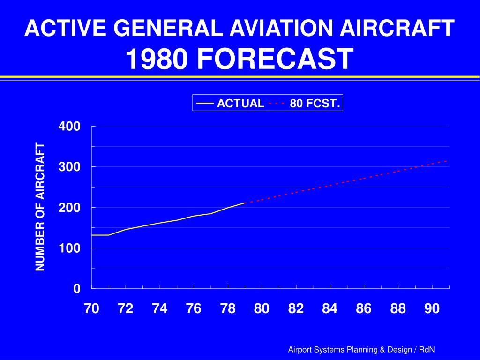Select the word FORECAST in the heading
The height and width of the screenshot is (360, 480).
pos(275,59)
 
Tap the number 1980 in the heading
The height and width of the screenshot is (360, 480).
pos(157,59)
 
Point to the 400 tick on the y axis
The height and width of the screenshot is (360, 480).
pos(69,127)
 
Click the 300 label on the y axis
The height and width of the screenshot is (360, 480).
pos(69,167)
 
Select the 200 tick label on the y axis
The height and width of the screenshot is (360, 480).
pos(69,208)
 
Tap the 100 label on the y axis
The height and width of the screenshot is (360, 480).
pos(69,248)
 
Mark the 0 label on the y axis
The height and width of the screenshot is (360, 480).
pos(76,289)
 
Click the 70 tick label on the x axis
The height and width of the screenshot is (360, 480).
pos(91,308)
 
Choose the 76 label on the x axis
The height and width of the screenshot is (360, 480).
pos(194,308)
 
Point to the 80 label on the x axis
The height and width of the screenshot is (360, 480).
pos(262,308)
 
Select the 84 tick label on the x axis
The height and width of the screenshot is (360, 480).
pos(330,308)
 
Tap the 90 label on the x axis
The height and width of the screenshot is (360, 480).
pos(432,308)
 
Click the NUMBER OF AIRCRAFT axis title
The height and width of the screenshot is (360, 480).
pos(40,207)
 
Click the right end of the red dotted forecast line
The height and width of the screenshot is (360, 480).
pos(448,161)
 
